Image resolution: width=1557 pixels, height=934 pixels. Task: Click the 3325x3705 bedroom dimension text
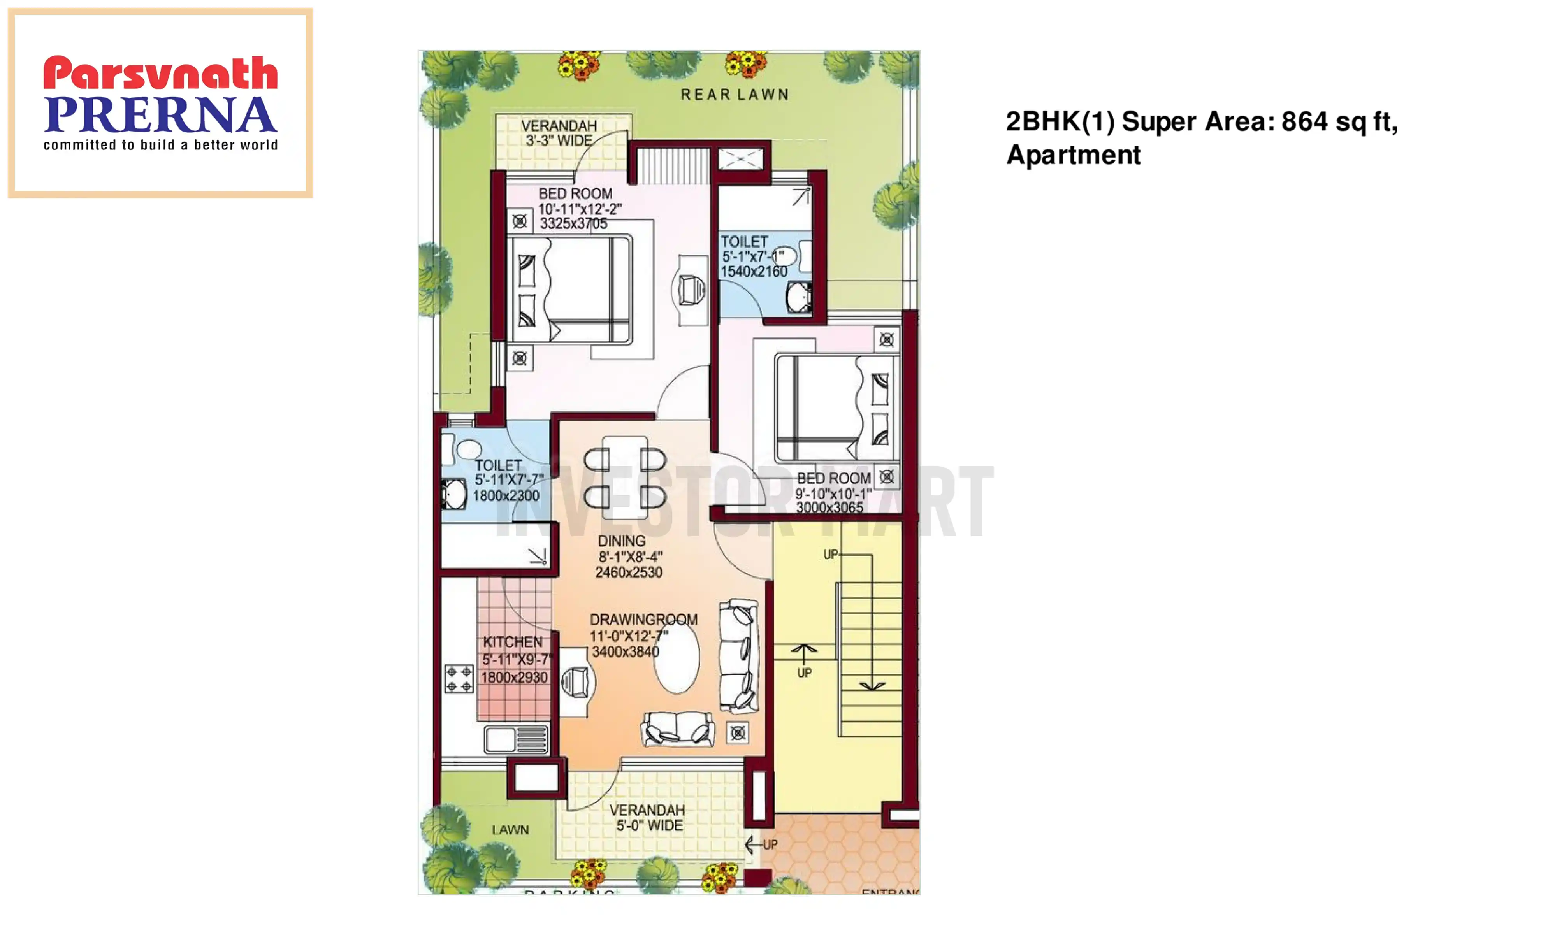click(573, 223)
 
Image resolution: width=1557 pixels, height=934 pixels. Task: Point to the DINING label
click(621, 541)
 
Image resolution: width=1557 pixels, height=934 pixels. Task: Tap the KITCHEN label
click(512, 642)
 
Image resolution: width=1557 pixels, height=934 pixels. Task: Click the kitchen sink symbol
click(515, 739)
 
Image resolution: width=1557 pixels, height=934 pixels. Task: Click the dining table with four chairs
click(624, 478)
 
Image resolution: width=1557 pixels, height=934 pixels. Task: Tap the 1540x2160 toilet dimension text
click(753, 271)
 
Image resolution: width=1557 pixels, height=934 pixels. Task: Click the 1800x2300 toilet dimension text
click(506, 496)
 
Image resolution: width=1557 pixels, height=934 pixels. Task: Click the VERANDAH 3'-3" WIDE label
click(559, 133)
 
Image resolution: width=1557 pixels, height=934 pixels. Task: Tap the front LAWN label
click(510, 830)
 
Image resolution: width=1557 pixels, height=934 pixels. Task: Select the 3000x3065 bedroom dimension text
click(829, 507)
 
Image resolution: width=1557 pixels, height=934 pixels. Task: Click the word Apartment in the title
click(1073, 155)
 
